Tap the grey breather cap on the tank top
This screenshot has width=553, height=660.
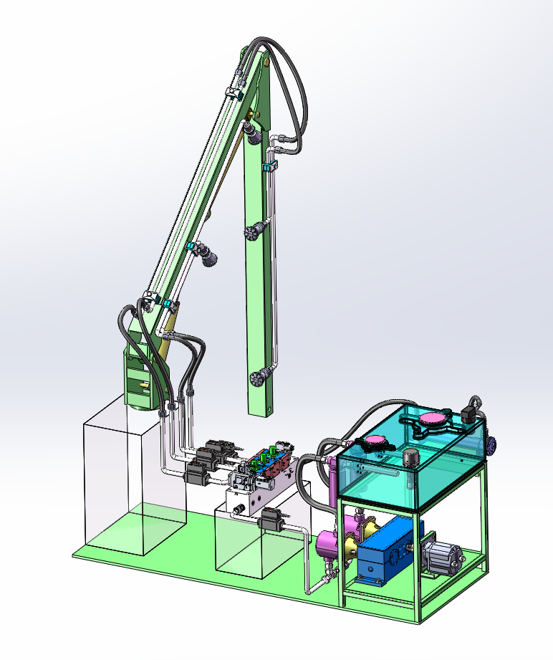click(x=410, y=457)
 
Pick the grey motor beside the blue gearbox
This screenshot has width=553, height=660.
click(x=442, y=558)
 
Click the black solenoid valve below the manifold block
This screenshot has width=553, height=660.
click(x=271, y=518)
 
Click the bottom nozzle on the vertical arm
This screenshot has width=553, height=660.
click(x=261, y=377)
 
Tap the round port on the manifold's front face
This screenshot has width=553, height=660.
click(x=239, y=508)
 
